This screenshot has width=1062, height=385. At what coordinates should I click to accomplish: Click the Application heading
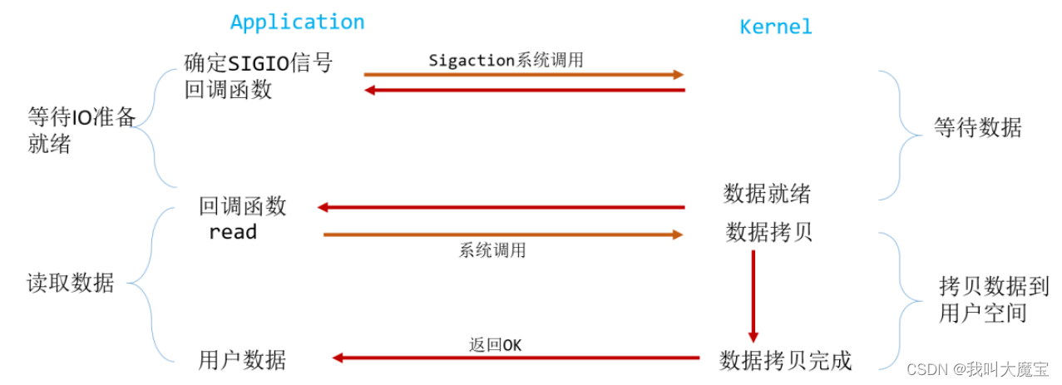pos(297,22)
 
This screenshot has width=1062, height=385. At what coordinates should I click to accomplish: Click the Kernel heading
pos(775,27)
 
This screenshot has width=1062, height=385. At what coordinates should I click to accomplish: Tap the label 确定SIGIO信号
pos(258,62)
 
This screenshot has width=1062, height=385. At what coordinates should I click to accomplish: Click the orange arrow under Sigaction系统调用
pos(523,75)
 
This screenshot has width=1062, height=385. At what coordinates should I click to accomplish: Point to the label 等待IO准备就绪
pos(81,130)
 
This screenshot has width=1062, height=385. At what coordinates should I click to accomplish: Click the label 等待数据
pos(977,128)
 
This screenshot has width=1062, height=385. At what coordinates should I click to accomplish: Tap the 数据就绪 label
pos(767,194)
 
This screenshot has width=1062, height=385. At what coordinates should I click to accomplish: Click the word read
pos(233,232)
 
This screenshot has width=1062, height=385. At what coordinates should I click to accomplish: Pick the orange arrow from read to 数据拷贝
pos(503,234)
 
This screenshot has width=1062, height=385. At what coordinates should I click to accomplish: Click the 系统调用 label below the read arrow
pos(492,250)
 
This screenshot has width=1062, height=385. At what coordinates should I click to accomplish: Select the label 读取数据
pos(70,283)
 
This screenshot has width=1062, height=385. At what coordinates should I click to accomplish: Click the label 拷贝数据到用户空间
pos(982,299)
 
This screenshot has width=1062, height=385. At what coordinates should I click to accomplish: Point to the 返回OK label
pos(495,344)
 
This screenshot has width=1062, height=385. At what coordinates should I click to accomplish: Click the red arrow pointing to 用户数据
pos(516,358)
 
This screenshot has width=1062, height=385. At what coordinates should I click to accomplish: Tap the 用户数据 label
pos(242,360)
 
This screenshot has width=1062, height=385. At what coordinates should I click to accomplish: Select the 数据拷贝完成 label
pos(785,360)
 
